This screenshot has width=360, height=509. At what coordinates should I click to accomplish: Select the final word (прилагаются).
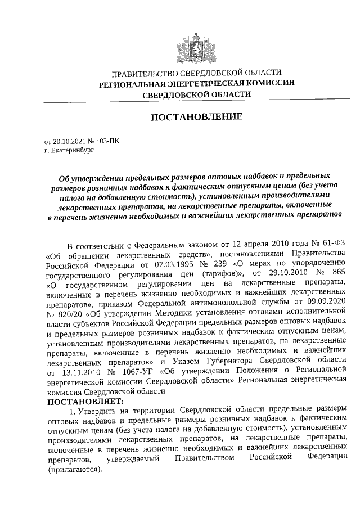(74, 471)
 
